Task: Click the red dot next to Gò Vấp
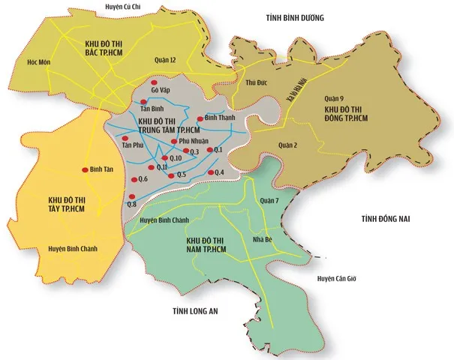pos(155,82)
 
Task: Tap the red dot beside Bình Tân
pos(85,169)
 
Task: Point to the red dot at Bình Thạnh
pos(200,118)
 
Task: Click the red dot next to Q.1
pos(209,151)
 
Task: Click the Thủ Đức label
pos(257,103)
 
